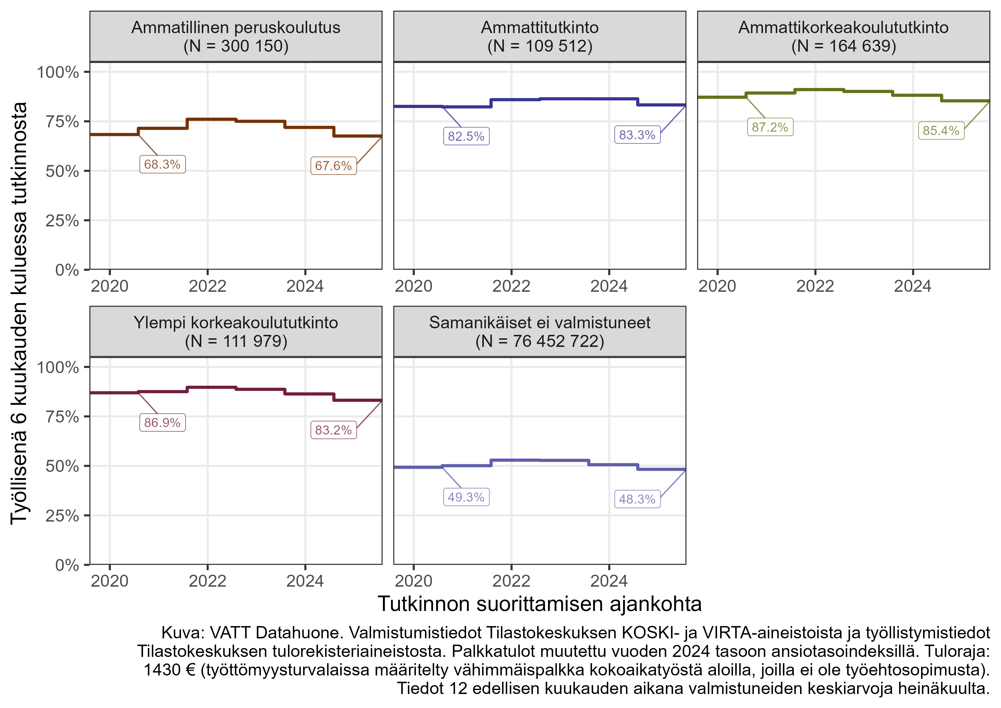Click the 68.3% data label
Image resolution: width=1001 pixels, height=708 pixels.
(x=162, y=164)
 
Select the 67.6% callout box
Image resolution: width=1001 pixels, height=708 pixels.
(x=333, y=166)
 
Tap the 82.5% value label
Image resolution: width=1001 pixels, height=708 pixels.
(x=466, y=136)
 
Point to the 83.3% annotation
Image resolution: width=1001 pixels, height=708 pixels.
(x=637, y=135)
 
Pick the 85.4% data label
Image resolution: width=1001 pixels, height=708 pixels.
(x=941, y=130)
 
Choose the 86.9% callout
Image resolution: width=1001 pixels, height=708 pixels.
(x=162, y=423)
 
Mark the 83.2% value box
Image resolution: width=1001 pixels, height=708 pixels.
(x=333, y=430)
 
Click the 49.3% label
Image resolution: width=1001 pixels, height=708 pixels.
(x=466, y=497)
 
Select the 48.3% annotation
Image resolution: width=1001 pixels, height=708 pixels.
(x=637, y=499)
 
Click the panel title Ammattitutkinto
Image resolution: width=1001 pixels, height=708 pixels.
(x=540, y=27)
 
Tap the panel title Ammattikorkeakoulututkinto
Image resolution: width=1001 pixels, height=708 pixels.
(x=843, y=27)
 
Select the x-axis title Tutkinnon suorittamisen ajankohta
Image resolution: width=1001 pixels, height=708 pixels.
(x=540, y=604)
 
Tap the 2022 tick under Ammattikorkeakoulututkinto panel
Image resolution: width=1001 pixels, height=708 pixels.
(x=815, y=286)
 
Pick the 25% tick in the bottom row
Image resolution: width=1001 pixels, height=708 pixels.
(x=62, y=516)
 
